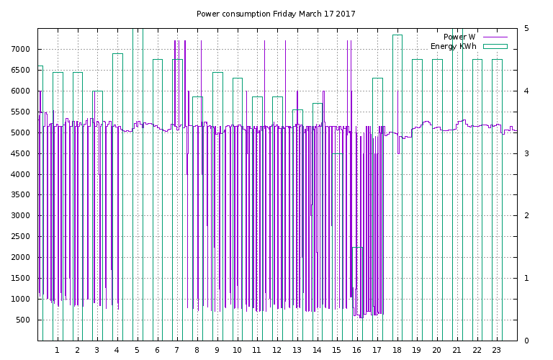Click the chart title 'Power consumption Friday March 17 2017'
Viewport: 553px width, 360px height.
click(x=276, y=14)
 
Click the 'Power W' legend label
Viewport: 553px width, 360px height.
click(x=459, y=37)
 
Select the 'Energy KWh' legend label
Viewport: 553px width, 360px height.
click(x=453, y=46)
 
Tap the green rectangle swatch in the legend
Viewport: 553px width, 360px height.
click(x=495, y=46)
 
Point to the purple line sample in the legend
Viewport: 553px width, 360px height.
click(x=495, y=37)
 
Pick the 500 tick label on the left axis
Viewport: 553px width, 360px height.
click(x=25, y=320)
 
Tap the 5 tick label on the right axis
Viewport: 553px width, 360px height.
click(x=526, y=28)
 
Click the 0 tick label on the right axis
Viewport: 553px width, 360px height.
click(x=526, y=341)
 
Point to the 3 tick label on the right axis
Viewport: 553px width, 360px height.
click(x=526, y=153)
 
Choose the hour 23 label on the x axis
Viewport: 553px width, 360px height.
click(x=497, y=350)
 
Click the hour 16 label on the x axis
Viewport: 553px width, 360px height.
click(x=356, y=350)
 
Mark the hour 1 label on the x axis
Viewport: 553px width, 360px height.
click(x=57, y=350)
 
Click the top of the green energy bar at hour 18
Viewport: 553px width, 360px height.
click(x=397, y=35)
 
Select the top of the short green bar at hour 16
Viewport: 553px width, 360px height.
click(x=357, y=248)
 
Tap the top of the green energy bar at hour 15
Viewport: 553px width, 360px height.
click(x=338, y=154)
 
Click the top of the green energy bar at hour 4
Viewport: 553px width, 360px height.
click(x=118, y=53)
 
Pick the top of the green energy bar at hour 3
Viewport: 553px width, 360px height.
click(x=98, y=91)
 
